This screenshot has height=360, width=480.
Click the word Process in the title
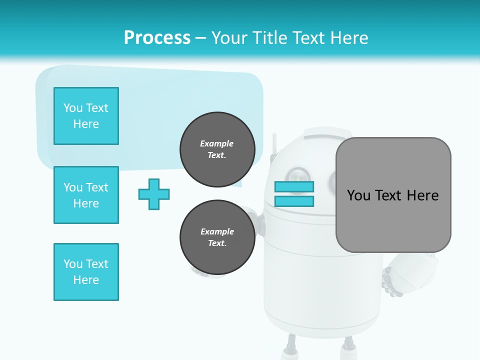tap(157, 38)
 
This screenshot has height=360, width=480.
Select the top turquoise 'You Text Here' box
tap(86, 116)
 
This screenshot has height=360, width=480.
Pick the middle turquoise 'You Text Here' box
tap(86, 195)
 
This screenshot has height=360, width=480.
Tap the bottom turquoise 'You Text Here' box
tap(86, 272)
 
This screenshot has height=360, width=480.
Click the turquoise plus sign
tap(154, 194)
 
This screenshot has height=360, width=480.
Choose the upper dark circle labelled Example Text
tap(217, 149)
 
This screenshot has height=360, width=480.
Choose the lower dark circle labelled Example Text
tap(217, 237)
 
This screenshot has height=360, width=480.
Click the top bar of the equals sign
tap(294, 187)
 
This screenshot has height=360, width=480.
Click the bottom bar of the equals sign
tap(294, 201)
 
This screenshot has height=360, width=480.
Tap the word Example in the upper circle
tap(217, 143)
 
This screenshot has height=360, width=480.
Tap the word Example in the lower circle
tap(217, 231)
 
